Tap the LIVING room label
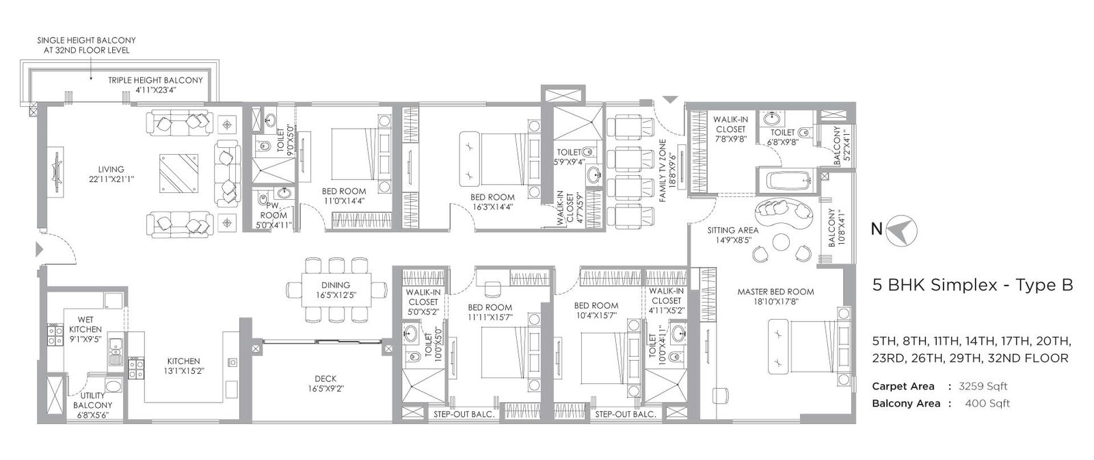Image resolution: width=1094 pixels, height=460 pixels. pyautogui.click(x=111, y=169)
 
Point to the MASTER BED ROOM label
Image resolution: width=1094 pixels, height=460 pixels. pyautogui.click(x=775, y=292)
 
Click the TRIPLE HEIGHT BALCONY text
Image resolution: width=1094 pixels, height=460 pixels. pyautogui.click(x=155, y=80)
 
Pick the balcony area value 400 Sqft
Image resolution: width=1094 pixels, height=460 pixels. pyautogui.click(x=987, y=403)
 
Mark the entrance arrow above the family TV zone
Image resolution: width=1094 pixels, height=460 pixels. pyautogui.click(x=670, y=101)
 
